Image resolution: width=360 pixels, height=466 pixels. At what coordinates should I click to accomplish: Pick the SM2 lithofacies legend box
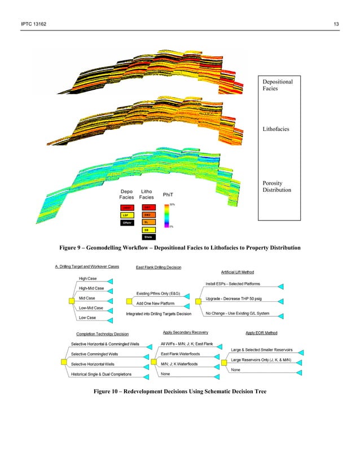147,215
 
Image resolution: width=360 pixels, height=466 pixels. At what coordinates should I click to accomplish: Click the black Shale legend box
147,237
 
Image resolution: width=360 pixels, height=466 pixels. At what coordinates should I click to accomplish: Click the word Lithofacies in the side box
276,129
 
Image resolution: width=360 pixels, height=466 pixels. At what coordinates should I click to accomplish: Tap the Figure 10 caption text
179,390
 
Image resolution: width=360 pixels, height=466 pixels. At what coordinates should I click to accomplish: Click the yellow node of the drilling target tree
72,301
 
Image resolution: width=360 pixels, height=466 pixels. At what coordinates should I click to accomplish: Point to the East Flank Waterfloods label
180,354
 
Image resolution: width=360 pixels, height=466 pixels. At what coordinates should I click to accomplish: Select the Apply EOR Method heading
261,333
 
